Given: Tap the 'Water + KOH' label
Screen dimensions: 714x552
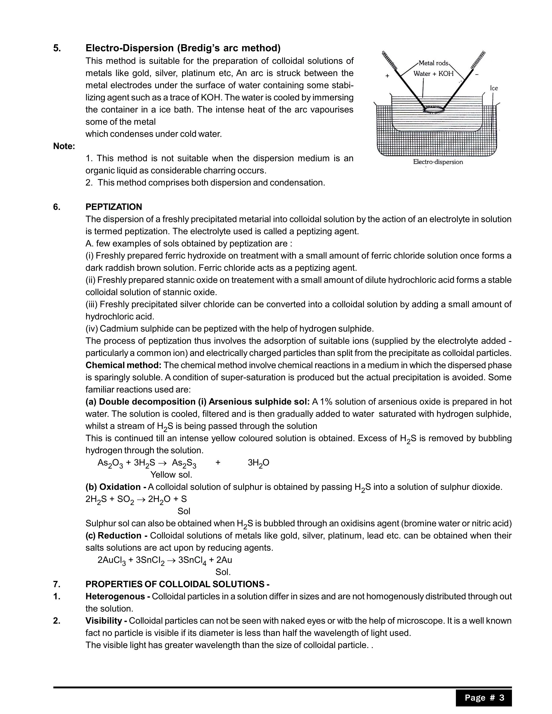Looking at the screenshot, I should coord(433,74).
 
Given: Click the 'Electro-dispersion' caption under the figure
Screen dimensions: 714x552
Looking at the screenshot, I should coord(438,162).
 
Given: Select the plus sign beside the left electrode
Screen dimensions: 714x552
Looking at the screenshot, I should coord(387,76).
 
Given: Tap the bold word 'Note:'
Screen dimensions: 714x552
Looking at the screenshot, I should coord(64,146).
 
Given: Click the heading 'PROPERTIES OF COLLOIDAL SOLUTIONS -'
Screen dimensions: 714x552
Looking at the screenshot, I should coord(177,584).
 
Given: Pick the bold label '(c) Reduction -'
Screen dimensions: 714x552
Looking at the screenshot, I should coord(116,535).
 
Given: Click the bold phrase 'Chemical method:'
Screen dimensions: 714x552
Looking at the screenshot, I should coord(123,365).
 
